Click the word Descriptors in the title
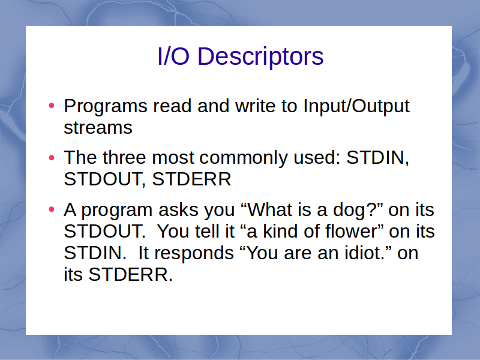(x=260, y=57)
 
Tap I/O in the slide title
(x=173, y=56)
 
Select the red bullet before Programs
(x=52, y=106)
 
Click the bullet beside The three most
(x=52, y=158)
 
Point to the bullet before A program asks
(x=52, y=209)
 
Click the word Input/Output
(x=356, y=107)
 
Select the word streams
(x=98, y=128)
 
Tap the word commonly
(x=244, y=158)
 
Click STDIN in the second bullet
(x=377, y=158)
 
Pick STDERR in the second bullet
(x=191, y=179)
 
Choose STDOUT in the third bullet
(x=104, y=231)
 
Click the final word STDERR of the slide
(x=130, y=274)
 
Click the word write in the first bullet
(x=256, y=106)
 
